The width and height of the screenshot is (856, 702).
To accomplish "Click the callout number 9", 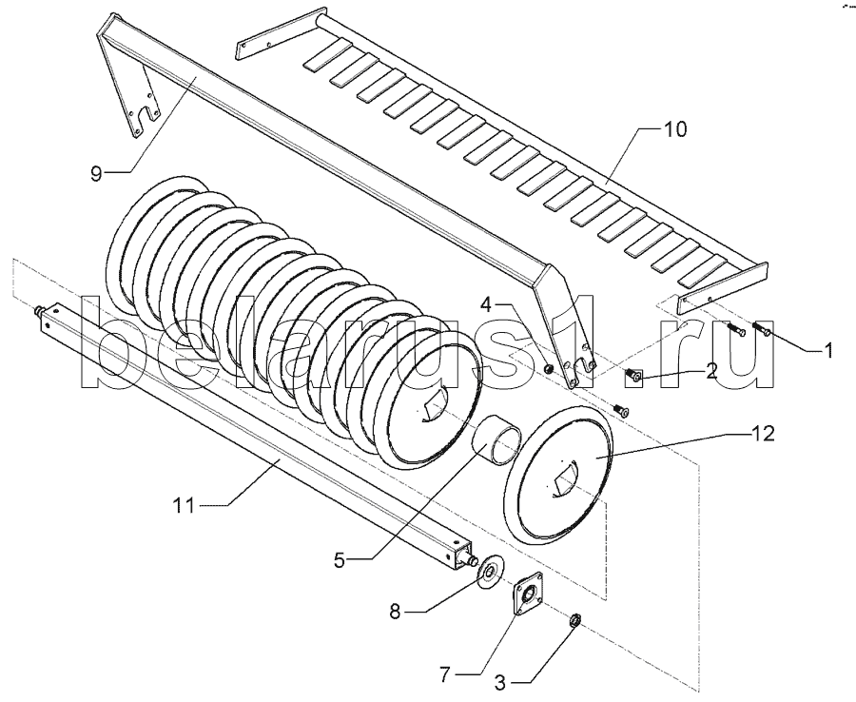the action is click(x=96, y=175).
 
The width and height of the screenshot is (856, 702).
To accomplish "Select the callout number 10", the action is click(x=674, y=130).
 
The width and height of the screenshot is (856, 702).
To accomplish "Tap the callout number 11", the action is click(x=184, y=506).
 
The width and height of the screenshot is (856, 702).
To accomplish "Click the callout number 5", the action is click(x=340, y=560).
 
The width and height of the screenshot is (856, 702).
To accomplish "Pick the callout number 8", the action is click(x=395, y=612).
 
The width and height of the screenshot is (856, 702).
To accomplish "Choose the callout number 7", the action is click(x=445, y=675).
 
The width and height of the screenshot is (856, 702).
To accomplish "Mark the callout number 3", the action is click(x=500, y=681).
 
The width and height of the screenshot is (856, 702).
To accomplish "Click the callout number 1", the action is click(x=828, y=350).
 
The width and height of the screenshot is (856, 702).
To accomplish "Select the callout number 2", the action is click(x=710, y=372).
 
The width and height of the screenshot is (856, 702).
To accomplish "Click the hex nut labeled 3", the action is click(x=574, y=620).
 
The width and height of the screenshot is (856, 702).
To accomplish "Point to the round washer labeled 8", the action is click(x=490, y=572).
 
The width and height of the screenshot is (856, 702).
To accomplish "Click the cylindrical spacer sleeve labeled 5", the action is click(x=496, y=441).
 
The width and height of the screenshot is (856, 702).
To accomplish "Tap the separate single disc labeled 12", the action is click(x=559, y=474).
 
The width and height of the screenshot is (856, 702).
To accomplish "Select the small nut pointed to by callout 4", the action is click(x=549, y=371).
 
